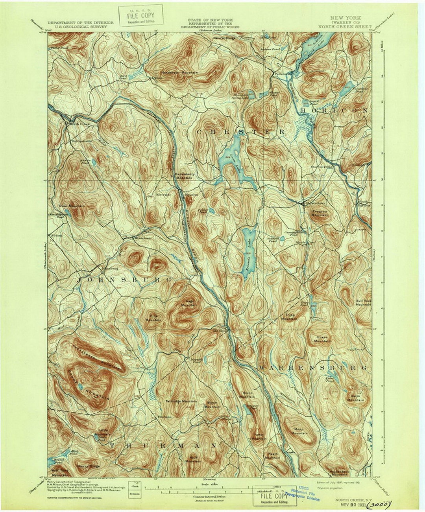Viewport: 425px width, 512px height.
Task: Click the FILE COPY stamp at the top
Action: pyautogui.click(x=140, y=16)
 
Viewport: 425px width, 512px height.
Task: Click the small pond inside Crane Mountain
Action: pyautogui.click(x=81, y=387)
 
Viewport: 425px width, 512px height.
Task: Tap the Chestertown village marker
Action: pyautogui.click(x=302, y=204)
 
